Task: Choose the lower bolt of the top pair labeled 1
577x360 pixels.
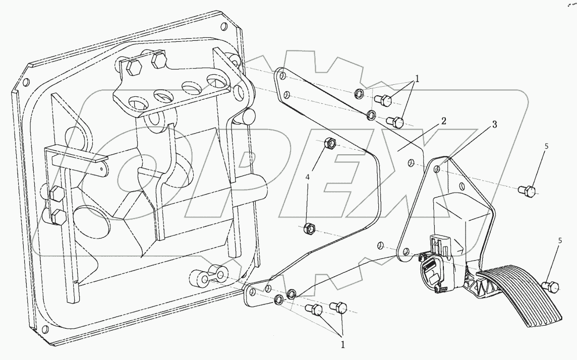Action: click(396, 122)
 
